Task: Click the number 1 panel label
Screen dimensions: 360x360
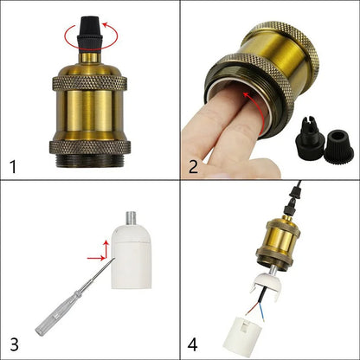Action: [x=13, y=167]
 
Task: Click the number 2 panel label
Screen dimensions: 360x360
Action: [x=193, y=166]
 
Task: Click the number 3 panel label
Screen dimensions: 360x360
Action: [x=14, y=344]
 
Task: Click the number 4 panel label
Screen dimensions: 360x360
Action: [x=193, y=344]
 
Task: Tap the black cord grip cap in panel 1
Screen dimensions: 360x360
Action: [x=89, y=34]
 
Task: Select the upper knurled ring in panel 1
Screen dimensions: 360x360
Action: [x=89, y=84]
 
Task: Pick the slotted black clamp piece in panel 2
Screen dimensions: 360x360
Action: [x=307, y=134]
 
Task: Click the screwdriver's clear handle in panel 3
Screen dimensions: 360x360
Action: [x=58, y=315]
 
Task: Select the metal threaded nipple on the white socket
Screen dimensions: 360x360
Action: [x=132, y=219]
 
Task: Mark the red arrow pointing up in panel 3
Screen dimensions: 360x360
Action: [x=106, y=249]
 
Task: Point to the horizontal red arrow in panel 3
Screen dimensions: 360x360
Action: [x=96, y=258]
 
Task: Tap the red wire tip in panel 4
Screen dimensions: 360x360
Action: [x=247, y=312]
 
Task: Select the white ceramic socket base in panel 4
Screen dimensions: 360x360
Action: [x=241, y=335]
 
